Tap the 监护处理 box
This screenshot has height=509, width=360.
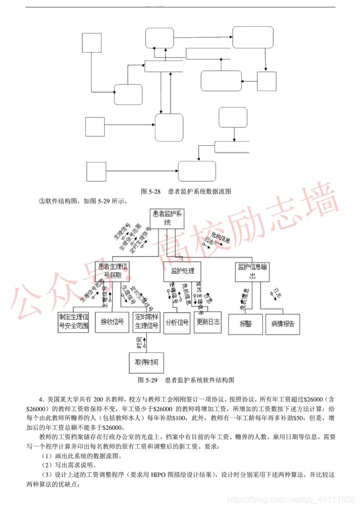click(x=183, y=271)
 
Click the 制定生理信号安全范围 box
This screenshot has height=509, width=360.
click(x=74, y=322)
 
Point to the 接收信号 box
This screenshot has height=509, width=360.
click(x=112, y=322)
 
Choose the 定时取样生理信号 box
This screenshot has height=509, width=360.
click(x=147, y=322)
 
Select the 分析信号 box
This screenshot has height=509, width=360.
click(x=176, y=322)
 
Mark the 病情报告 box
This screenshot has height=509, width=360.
click(x=283, y=324)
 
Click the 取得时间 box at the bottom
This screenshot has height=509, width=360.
click(x=147, y=362)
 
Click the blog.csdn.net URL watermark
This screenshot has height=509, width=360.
click(x=294, y=500)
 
